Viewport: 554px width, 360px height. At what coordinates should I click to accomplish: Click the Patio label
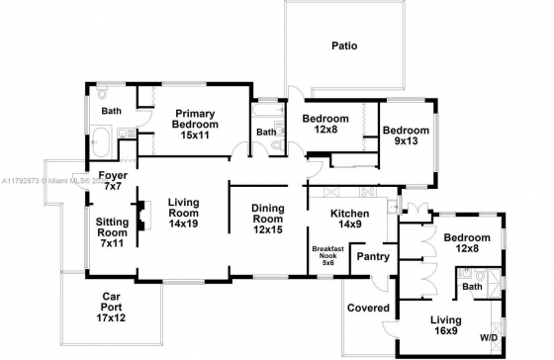click(344, 45)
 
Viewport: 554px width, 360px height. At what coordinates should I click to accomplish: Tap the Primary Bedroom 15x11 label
click(195, 124)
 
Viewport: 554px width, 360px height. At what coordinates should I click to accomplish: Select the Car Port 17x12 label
click(111, 307)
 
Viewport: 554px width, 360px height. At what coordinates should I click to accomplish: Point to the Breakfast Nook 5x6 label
click(327, 256)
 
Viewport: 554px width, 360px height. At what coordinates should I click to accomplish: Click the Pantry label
click(373, 256)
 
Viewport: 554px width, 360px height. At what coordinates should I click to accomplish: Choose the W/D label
click(489, 337)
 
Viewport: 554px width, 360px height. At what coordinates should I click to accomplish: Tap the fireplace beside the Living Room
click(143, 216)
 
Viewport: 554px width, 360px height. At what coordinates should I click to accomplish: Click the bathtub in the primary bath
click(100, 142)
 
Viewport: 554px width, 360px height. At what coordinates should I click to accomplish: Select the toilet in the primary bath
click(102, 93)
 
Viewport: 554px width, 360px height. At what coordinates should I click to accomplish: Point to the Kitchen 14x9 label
click(350, 219)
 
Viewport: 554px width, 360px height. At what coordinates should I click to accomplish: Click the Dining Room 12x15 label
click(268, 219)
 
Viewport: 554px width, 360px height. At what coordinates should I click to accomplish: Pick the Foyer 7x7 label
click(113, 181)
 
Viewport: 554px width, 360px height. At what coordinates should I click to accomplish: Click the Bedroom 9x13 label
click(406, 135)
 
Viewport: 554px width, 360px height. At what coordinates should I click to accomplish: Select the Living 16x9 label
click(446, 325)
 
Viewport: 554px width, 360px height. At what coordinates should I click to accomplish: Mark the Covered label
click(368, 308)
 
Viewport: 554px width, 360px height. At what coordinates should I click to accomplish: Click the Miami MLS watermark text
click(54, 181)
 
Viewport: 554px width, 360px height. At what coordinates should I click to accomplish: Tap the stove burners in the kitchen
click(368, 192)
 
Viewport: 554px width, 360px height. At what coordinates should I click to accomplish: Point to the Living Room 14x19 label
click(184, 213)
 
